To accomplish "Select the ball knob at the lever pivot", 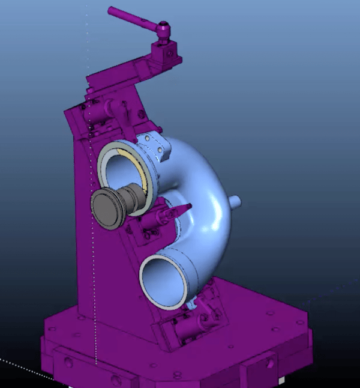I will click(x=164, y=27).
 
